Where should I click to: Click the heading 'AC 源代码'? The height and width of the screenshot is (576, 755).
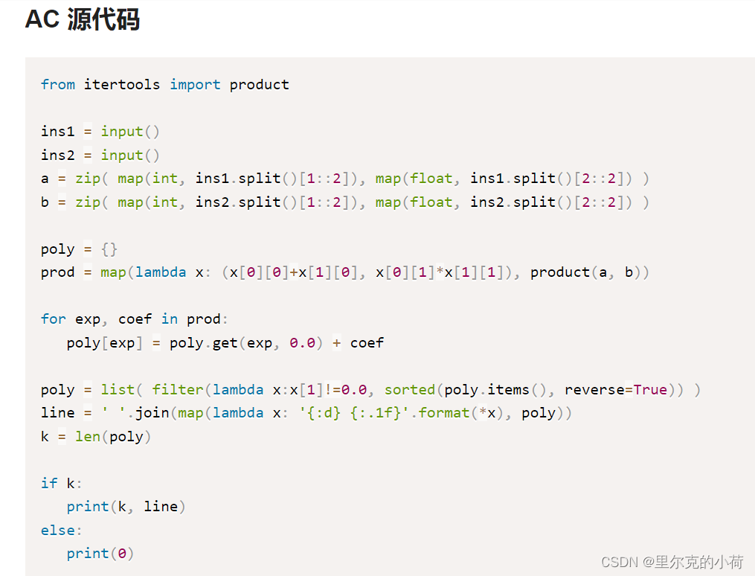(x=83, y=20)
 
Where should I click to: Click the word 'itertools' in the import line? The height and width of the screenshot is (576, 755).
(x=121, y=85)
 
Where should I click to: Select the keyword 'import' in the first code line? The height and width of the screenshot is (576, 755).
(x=195, y=85)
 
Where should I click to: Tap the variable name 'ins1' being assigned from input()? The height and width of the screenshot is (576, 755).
(x=57, y=132)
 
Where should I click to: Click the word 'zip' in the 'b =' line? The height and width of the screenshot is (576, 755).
(x=88, y=202)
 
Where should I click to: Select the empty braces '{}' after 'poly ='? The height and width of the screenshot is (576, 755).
(x=109, y=249)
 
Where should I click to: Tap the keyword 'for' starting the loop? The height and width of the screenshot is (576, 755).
(x=54, y=319)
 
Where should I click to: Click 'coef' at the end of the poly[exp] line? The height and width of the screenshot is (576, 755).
(x=367, y=343)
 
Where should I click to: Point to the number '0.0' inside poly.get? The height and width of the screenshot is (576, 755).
(x=303, y=343)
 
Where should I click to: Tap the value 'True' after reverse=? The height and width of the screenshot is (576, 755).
(x=650, y=390)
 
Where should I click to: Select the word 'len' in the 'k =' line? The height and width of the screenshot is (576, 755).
(x=88, y=437)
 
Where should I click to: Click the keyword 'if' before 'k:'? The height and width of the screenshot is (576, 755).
(x=49, y=484)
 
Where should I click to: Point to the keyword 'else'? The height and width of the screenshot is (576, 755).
(x=57, y=531)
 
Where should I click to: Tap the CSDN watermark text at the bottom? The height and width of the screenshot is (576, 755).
(x=671, y=562)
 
